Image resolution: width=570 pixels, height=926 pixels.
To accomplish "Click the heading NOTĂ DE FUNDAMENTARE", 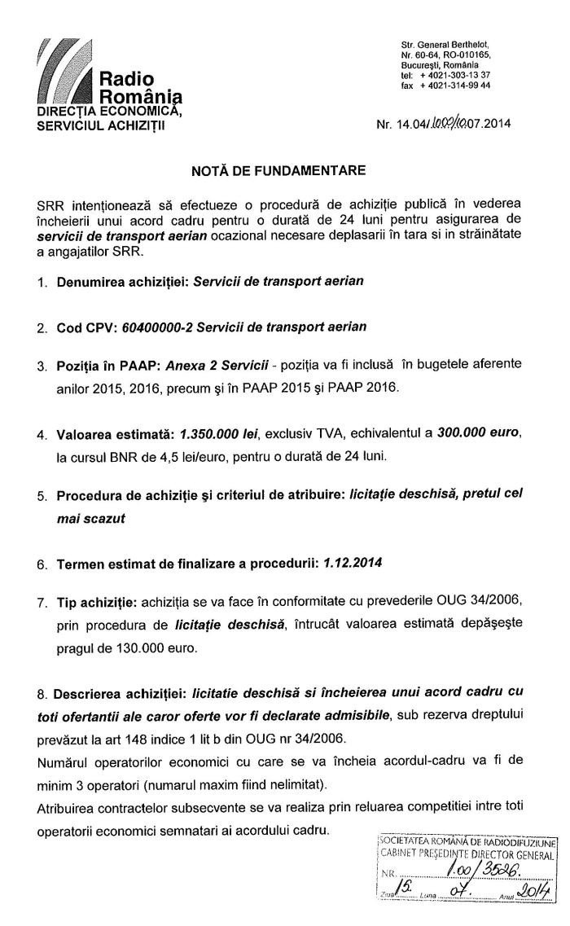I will (278, 170).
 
